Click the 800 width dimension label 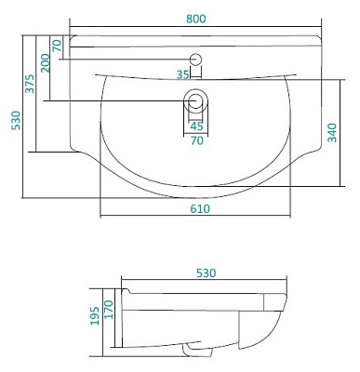click(196, 19)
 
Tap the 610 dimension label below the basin click(200, 208)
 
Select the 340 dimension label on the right click(332, 133)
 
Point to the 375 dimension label click(30, 84)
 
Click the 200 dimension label click(46, 63)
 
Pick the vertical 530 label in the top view click(16, 120)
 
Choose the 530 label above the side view click(207, 273)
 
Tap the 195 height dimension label click(95, 316)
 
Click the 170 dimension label click(109, 310)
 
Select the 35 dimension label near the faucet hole click(182, 74)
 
